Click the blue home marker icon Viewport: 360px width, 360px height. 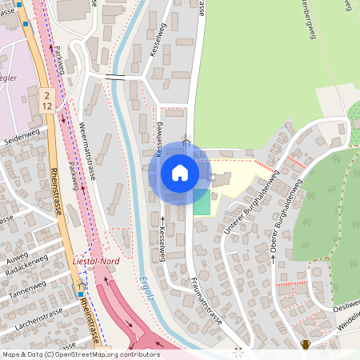180,172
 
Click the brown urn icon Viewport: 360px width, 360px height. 305,345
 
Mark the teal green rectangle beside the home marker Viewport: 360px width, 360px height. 202,201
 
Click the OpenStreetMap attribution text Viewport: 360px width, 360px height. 81,354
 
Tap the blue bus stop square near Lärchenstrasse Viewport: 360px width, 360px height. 81,294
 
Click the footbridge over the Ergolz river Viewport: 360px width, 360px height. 117,77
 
